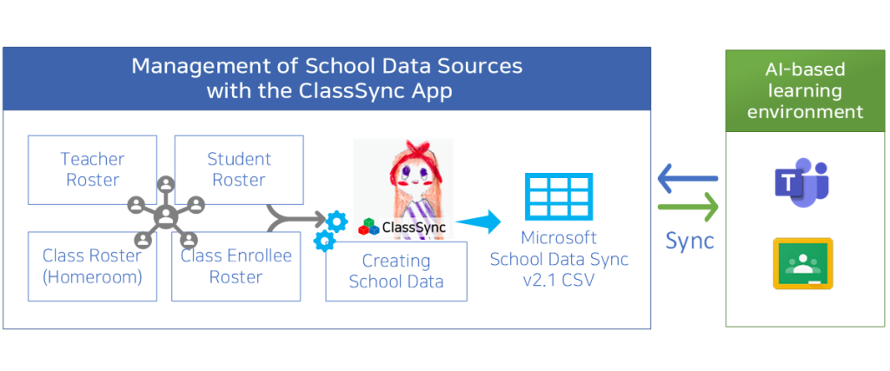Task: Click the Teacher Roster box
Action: point(92,169)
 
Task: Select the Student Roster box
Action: point(239,169)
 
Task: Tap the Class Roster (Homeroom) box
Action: point(92,266)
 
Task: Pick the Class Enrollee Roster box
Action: point(236,266)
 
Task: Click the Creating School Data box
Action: point(396,271)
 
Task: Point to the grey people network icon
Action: point(166,211)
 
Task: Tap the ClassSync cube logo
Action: point(369,228)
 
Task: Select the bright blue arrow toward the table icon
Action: point(479,222)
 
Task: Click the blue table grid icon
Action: point(559,196)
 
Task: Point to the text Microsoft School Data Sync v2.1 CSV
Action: point(559,259)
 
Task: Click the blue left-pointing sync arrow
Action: point(687,180)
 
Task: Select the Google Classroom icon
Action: point(802,263)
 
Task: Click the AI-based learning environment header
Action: point(805,91)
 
